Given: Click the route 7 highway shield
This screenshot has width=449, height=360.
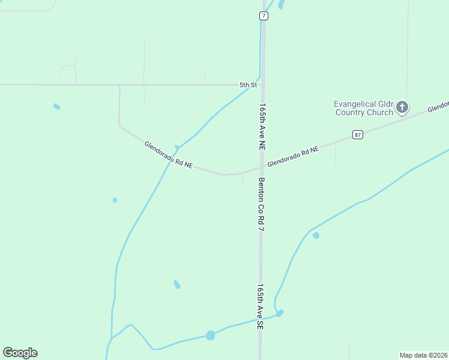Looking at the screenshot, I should click(264, 16).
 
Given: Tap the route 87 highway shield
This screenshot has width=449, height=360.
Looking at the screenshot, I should click(358, 134).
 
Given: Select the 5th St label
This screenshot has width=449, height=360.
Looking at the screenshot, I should click(248, 85).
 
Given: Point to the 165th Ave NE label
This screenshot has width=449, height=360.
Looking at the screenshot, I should click(262, 126).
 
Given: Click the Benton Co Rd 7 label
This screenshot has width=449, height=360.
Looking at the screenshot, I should click(262, 205).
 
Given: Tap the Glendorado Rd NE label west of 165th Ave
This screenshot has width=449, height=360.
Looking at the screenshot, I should click(168, 155).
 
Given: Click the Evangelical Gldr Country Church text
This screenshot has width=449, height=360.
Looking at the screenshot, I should click(364, 108).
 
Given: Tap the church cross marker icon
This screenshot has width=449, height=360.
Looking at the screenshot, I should click(402, 108).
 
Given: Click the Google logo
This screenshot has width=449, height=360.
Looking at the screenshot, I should click(20, 353).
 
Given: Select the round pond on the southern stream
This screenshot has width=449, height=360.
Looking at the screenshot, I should click(210, 335).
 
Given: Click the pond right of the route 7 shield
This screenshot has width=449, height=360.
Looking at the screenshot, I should click(280, 5).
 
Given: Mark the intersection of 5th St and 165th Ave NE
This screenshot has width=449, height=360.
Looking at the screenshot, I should click(262, 85).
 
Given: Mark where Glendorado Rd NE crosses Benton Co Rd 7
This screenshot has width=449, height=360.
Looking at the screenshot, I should click(262, 167).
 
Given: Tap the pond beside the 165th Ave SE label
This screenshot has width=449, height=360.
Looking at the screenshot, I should click(280, 313).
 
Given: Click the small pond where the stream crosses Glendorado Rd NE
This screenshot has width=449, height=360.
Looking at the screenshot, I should click(176, 147).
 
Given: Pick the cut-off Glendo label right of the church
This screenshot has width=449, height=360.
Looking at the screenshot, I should click(438, 107).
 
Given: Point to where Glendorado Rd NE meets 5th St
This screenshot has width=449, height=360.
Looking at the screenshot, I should click(119, 85).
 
